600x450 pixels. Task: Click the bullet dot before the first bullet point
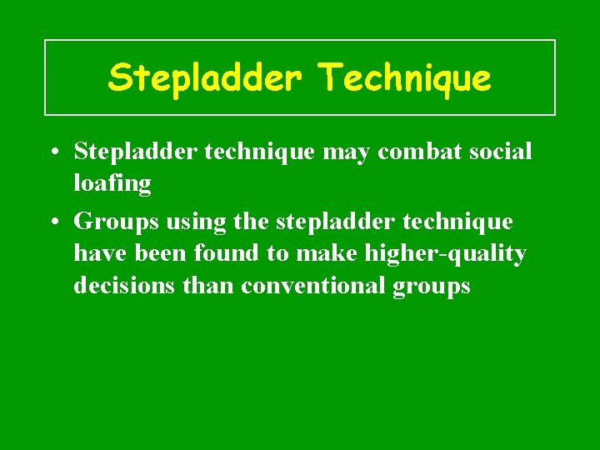coord(52,152)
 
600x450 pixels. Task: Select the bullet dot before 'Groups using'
coord(52,222)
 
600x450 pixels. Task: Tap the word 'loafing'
coord(112,184)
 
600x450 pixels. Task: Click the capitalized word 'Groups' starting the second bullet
coord(117,222)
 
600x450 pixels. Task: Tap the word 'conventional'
coord(314,286)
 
